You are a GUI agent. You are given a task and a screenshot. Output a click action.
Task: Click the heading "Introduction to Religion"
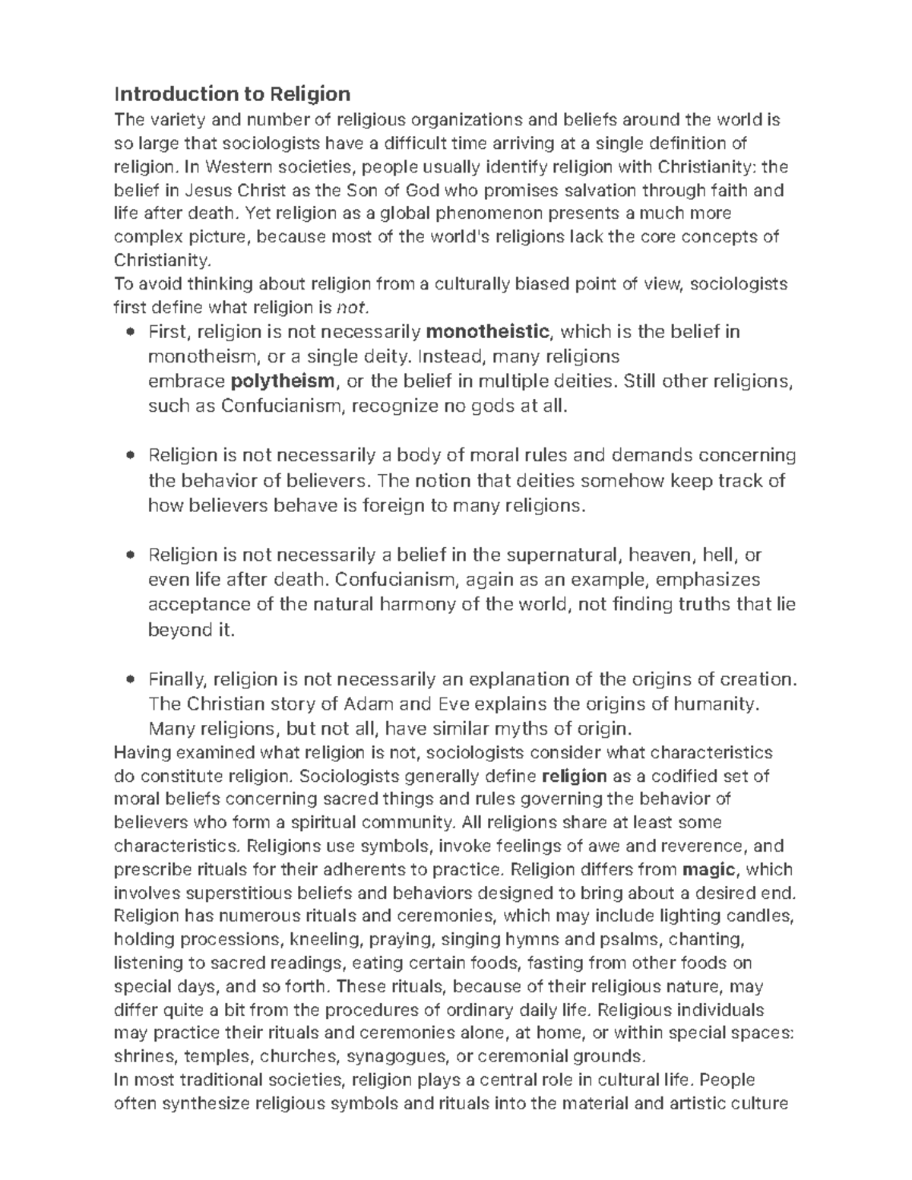tap(232, 94)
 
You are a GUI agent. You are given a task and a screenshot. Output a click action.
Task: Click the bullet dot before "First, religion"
tap(132, 332)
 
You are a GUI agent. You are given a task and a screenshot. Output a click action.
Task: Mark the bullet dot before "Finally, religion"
tap(132, 679)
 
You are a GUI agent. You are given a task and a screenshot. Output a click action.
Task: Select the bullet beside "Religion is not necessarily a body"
tap(132, 456)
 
